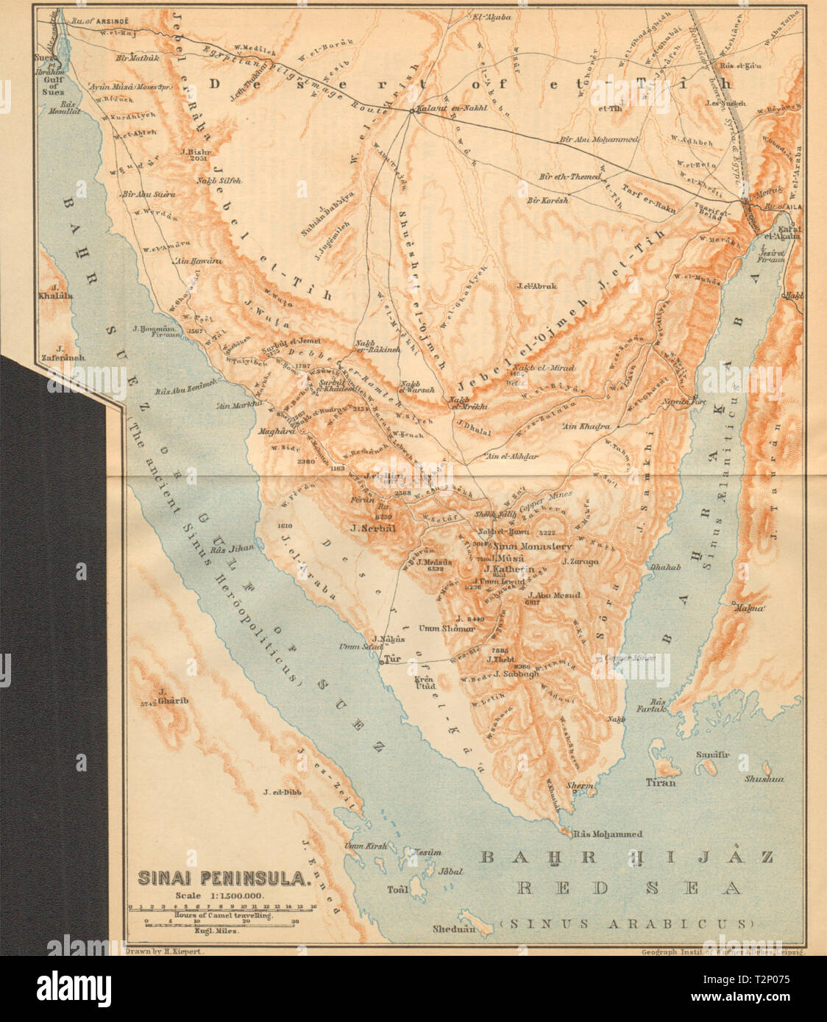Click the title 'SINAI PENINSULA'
(x=224, y=878)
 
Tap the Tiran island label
(x=660, y=782)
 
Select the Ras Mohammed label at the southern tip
(x=607, y=834)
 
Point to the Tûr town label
(x=393, y=660)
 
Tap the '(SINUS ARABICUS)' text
(x=627, y=922)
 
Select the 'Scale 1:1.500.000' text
(x=219, y=895)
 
